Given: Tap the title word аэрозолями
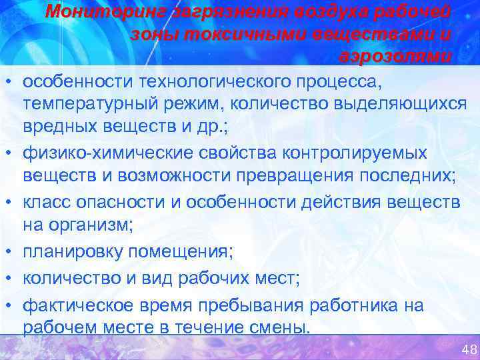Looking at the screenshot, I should tap(394, 57).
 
